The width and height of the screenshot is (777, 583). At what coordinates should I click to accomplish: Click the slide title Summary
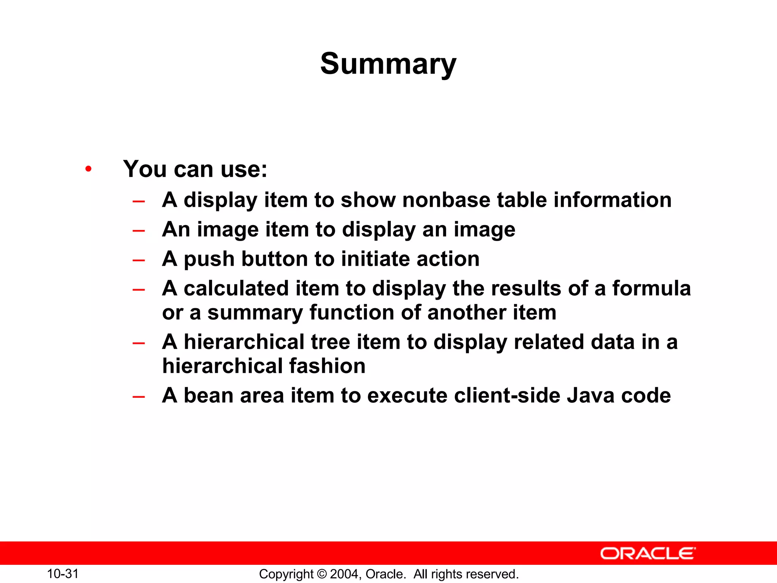pos(388,64)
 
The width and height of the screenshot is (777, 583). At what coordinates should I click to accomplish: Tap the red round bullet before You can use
pos(88,169)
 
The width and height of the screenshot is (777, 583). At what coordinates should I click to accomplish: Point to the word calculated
pos(236,288)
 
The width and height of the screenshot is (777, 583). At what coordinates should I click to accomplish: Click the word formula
pos(651,288)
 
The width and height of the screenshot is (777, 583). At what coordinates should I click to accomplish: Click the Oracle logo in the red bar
pos(648,553)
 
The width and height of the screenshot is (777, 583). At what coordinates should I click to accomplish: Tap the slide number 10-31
pos(63,574)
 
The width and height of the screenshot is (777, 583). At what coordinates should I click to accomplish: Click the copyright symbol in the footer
pos(322,574)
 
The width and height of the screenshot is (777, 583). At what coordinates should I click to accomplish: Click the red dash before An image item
pos(139,230)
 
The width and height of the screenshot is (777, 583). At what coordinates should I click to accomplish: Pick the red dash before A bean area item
pos(139,397)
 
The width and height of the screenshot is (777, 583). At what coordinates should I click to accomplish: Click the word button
pos(274,259)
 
